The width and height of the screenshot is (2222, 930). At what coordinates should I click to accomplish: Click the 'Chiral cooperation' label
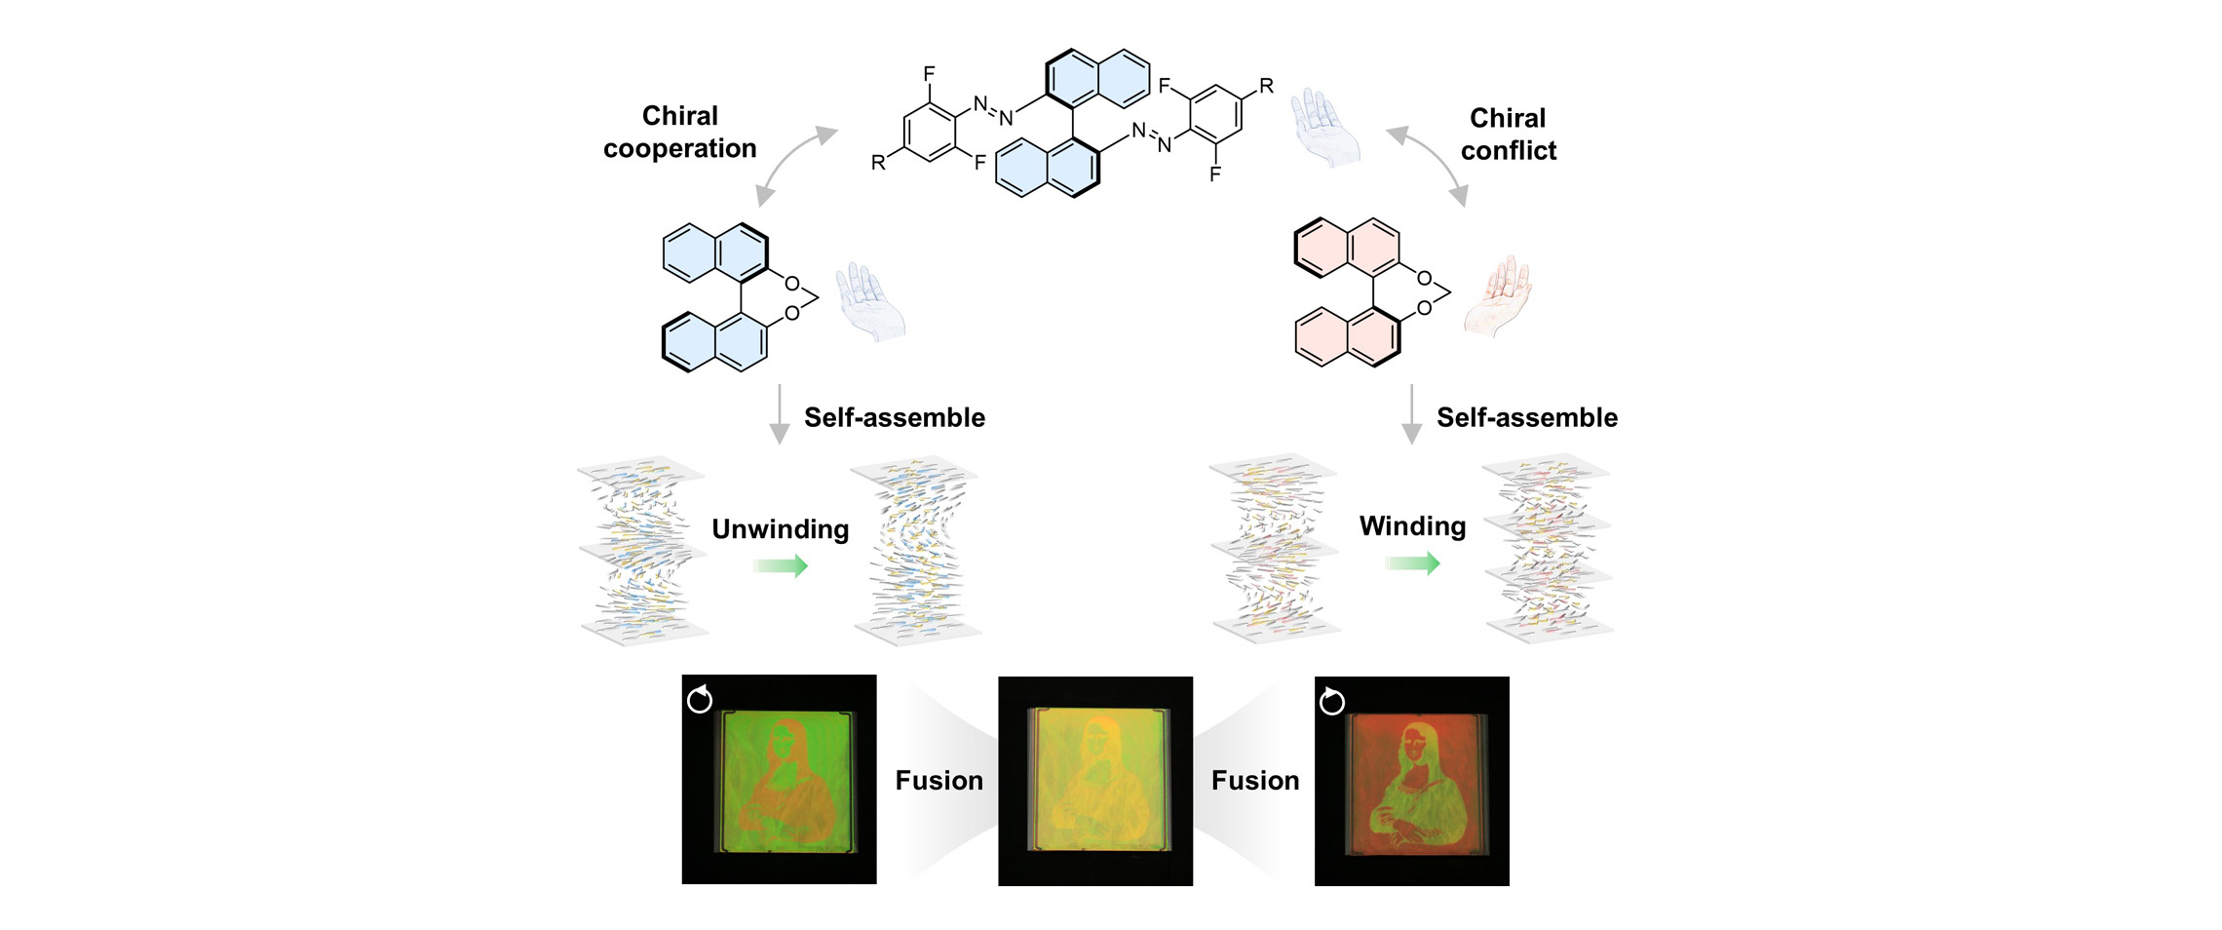pyautogui.click(x=679, y=132)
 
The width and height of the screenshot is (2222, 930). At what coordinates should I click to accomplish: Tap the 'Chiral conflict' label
pyautogui.click(x=1508, y=134)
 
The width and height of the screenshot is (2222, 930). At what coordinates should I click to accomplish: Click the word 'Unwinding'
pyautogui.click(x=780, y=528)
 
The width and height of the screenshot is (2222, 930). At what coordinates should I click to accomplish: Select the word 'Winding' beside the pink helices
pyautogui.click(x=1412, y=525)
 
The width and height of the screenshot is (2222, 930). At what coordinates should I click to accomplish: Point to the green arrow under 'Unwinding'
pyautogui.click(x=781, y=565)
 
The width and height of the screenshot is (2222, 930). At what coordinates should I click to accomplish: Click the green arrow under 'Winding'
pyautogui.click(x=1413, y=562)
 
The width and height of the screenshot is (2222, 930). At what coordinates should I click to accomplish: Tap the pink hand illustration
pyautogui.click(x=1498, y=295)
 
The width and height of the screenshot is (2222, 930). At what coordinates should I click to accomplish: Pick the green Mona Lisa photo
pyautogui.click(x=779, y=779)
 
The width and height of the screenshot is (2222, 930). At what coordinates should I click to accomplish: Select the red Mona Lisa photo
pyautogui.click(x=1411, y=781)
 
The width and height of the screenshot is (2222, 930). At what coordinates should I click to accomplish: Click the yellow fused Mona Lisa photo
pyautogui.click(x=1094, y=781)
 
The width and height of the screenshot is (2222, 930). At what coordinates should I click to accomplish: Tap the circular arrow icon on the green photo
pyautogui.click(x=700, y=699)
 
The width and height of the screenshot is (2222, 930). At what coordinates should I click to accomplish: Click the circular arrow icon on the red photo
pyautogui.click(x=1331, y=701)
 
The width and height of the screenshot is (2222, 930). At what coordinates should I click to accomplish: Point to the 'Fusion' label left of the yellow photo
pyautogui.click(x=939, y=780)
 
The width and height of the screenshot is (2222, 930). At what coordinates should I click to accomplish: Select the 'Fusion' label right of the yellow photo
pyautogui.click(x=1255, y=780)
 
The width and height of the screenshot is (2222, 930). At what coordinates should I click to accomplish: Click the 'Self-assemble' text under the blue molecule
pyautogui.click(x=894, y=417)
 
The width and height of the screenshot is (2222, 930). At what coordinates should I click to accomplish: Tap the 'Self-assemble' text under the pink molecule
pyautogui.click(x=1526, y=417)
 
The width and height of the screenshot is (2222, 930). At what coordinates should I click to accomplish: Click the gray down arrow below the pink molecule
pyautogui.click(x=1411, y=414)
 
